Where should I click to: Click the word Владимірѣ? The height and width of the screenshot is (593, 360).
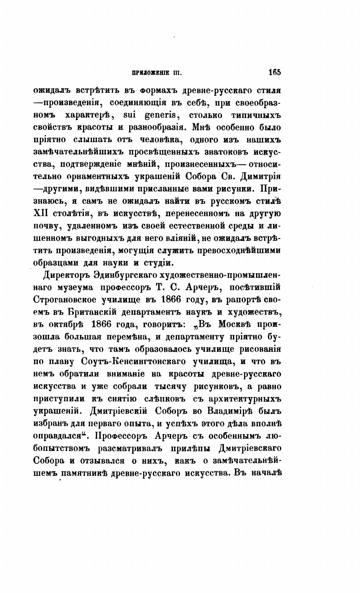(233, 411)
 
